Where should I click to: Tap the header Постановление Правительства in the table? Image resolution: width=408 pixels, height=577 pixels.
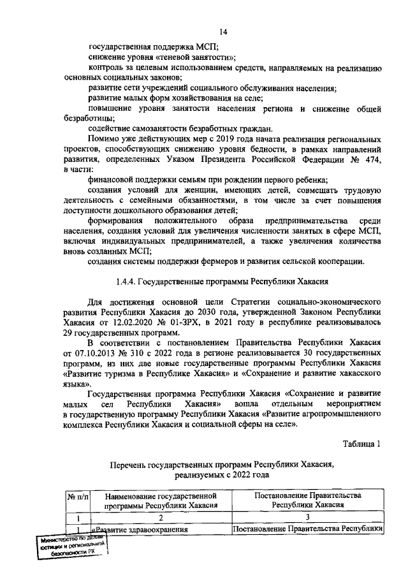pyautogui.click(x=309, y=499)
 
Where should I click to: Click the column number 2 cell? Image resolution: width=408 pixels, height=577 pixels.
pyautogui.click(x=161, y=517)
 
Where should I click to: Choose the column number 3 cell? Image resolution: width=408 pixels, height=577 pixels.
pyautogui.click(x=308, y=517)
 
